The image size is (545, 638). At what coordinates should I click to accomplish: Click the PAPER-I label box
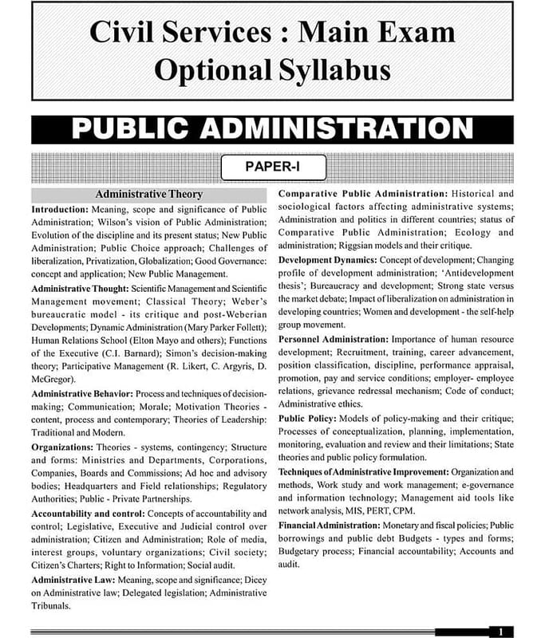pos(272,167)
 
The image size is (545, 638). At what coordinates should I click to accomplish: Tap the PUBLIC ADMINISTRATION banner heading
pos(272,129)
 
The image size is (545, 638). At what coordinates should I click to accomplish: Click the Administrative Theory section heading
pos(149,195)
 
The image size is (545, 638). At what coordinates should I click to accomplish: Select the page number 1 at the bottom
pos(500,632)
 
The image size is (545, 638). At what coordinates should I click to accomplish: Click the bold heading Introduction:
pos(60,210)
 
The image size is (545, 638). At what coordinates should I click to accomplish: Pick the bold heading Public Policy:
pos(313,419)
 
